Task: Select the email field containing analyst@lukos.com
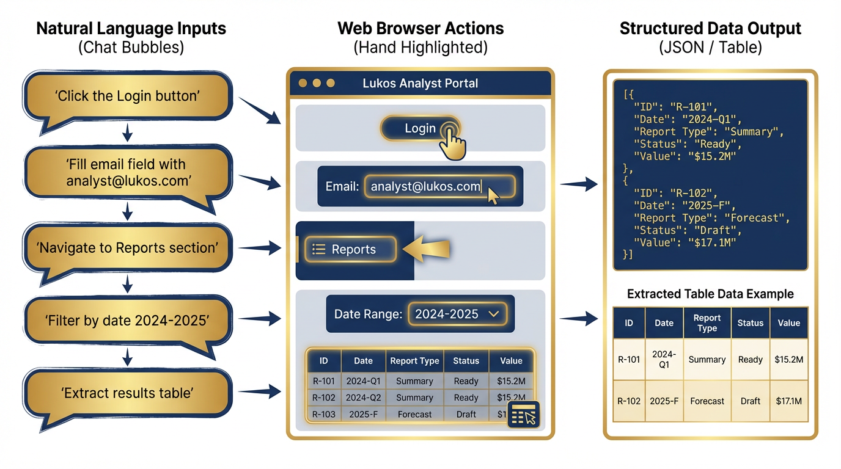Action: point(439,187)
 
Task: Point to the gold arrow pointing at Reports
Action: point(428,249)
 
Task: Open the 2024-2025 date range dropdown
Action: point(457,314)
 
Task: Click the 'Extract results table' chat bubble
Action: point(127,393)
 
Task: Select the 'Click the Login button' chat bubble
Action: point(127,96)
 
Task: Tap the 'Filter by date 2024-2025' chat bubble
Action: point(127,319)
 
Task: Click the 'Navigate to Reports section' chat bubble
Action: point(127,248)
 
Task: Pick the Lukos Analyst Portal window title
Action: point(420,83)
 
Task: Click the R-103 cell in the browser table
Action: point(323,414)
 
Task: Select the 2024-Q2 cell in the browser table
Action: point(364,398)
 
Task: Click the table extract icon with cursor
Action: point(523,414)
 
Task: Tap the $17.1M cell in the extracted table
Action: point(788,401)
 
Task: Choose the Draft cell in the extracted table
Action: point(750,401)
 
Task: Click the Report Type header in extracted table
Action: point(707,323)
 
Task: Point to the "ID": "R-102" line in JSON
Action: point(670,194)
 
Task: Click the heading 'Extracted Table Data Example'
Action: point(710,294)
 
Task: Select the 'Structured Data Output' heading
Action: point(710,28)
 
